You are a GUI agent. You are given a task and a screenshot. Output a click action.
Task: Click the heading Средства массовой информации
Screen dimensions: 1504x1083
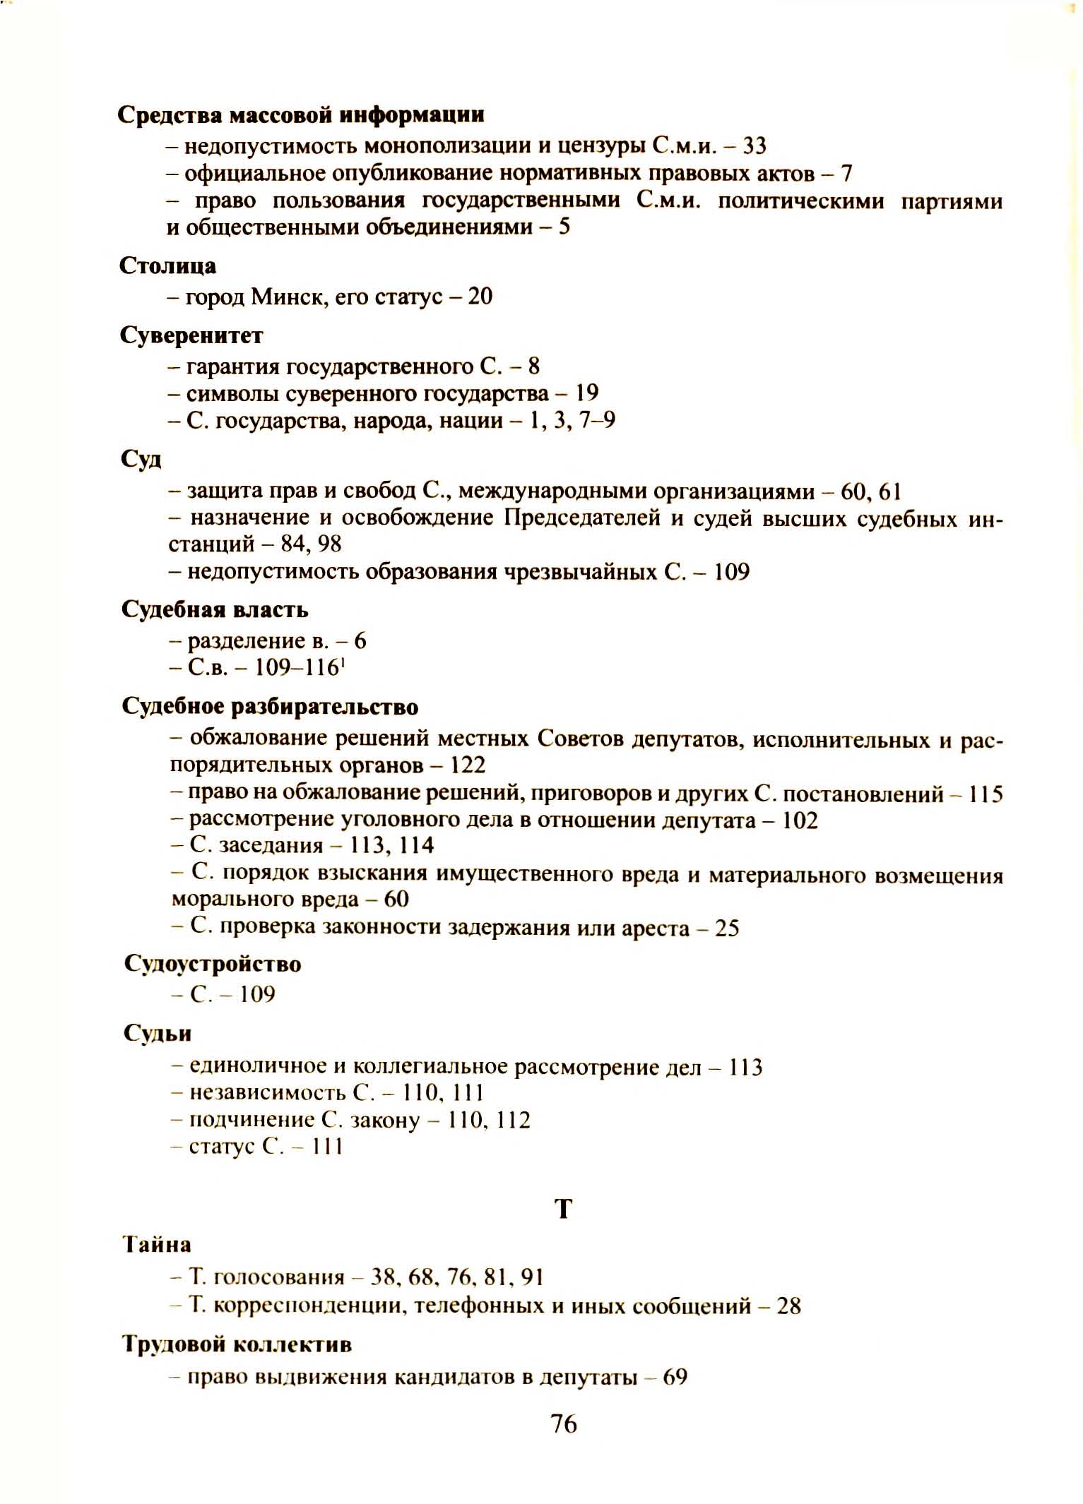(x=301, y=114)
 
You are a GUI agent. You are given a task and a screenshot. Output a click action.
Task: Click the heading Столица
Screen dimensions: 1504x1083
(x=168, y=265)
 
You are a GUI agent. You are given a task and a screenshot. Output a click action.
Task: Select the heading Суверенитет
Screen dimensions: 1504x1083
(x=191, y=335)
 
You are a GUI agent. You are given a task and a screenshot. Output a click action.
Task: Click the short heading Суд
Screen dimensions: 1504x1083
(x=141, y=459)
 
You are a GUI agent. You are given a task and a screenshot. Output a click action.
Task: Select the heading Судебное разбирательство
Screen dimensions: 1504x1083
(x=270, y=706)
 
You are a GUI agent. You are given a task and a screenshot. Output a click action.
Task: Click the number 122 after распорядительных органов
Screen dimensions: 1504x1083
(x=468, y=765)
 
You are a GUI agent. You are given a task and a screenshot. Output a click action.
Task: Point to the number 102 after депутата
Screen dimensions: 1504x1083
(x=800, y=820)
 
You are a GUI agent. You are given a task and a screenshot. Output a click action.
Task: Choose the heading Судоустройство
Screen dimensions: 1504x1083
(x=213, y=963)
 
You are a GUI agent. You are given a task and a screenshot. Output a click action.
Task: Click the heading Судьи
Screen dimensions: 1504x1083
(x=158, y=1033)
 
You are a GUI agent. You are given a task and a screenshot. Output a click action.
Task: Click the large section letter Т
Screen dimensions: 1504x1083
(x=562, y=1210)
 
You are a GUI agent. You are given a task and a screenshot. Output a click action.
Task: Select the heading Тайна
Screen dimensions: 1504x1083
(x=157, y=1243)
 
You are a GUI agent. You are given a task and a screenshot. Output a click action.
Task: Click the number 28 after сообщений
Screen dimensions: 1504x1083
(x=789, y=1306)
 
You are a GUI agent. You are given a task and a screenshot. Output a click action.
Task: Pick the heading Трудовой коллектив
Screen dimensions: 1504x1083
(x=237, y=1344)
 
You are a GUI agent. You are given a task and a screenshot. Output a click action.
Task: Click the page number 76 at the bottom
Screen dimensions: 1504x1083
(x=563, y=1424)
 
